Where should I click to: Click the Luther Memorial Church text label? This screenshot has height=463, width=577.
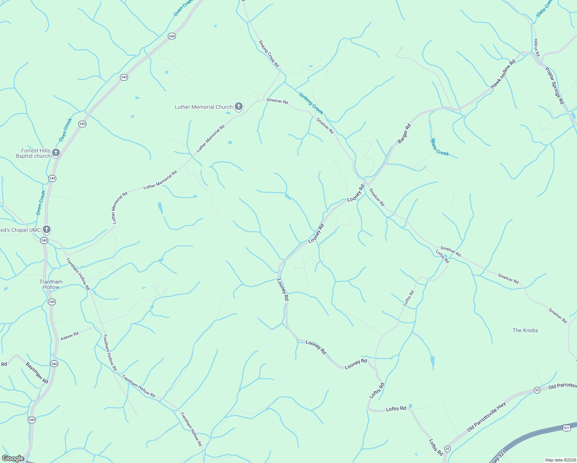[204, 107]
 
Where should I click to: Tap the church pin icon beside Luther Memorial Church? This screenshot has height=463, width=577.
[239, 106]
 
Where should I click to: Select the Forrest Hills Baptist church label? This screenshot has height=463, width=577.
[33, 153]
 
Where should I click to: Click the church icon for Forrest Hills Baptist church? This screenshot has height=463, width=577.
[56, 153]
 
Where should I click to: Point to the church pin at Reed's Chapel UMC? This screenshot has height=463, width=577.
[46, 230]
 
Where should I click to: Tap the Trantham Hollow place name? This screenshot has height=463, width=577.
[51, 284]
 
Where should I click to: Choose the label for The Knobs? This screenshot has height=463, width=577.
[525, 330]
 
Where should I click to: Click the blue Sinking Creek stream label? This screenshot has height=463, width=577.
[311, 103]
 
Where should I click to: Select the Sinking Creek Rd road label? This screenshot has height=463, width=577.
[269, 54]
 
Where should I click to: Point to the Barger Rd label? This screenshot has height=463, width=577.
[404, 133]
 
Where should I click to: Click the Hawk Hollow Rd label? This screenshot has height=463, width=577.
[503, 74]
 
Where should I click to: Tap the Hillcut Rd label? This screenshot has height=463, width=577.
[537, 47]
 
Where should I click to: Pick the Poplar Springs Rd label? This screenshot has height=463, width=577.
[555, 85]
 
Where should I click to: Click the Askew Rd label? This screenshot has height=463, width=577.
[70, 336]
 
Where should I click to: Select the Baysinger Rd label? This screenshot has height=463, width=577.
[37, 373]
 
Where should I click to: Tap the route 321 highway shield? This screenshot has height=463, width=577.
[566, 428]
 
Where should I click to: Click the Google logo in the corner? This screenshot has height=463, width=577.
[13, 458]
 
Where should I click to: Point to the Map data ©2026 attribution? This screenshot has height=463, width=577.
[560, 460]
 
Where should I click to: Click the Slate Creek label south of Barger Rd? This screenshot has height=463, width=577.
[440, 147]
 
